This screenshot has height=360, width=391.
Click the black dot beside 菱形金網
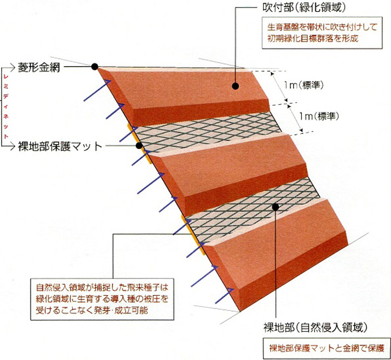(95, 67)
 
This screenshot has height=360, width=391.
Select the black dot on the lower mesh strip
(275, 207)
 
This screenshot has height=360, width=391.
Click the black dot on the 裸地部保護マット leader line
(139, 146)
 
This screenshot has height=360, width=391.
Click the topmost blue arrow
(97, 91)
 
